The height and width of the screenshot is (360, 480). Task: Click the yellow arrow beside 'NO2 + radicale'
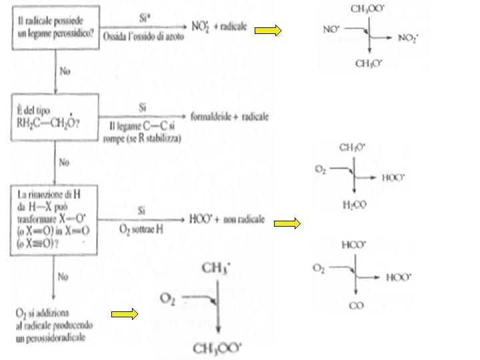269,30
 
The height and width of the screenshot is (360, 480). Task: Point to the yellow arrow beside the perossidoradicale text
124,313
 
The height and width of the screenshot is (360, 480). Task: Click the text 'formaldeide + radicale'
229,117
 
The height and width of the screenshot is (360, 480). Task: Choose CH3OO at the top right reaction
367,9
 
